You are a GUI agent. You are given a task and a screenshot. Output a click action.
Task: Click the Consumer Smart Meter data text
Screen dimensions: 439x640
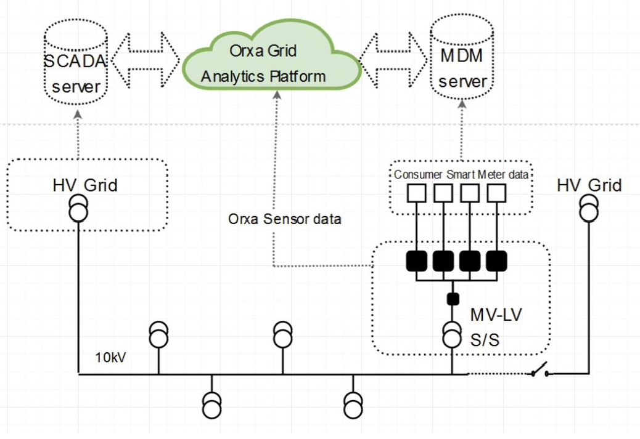pos(461,174)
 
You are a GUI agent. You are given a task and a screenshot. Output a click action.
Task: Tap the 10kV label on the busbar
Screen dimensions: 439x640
pos(112,357)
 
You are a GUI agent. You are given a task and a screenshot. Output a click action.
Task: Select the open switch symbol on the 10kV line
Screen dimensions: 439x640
pos(539,371)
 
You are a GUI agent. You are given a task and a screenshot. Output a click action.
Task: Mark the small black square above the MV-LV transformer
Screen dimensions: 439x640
pos(453,299)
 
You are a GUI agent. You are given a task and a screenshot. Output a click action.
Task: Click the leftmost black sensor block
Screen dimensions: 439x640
pos(417,261)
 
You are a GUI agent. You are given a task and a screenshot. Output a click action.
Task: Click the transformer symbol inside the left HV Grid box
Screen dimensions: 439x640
pos(78,208)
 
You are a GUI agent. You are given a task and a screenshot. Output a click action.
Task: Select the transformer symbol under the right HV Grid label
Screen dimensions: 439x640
pos(589,208)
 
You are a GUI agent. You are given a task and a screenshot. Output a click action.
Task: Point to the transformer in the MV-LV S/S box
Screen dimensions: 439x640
pos(453,335)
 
